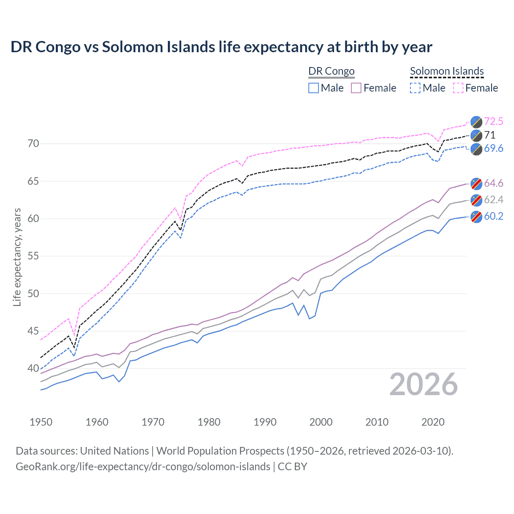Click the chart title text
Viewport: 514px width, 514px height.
point(221,47)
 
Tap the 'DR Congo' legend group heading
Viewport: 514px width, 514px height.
point(331,71)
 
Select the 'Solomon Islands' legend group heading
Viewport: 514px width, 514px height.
point(447,71)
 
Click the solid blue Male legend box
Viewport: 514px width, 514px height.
point(314,88)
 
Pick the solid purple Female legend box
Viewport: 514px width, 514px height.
point(356,88)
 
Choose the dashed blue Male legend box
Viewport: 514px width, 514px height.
point(415,88)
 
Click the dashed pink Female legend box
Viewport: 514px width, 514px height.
point(458,88)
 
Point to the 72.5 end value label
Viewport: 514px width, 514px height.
point(494,121)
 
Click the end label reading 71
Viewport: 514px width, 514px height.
point(490,135)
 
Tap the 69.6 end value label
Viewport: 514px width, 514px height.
point(494,149)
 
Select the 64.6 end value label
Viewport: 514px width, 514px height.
point(494,184)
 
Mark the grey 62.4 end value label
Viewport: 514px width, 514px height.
point(494,200)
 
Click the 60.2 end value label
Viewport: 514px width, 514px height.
point(494,216)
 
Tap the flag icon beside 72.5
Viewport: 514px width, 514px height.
point(476,122)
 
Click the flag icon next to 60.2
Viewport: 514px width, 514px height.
point(476,216)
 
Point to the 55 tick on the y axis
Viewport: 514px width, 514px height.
point(33,256)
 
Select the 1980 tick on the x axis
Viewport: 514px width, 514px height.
point(209,422)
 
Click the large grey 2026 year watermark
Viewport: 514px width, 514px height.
point(424,384)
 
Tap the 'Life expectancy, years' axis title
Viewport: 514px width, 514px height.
point(17,257)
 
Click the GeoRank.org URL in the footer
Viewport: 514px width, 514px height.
point(143,467)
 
